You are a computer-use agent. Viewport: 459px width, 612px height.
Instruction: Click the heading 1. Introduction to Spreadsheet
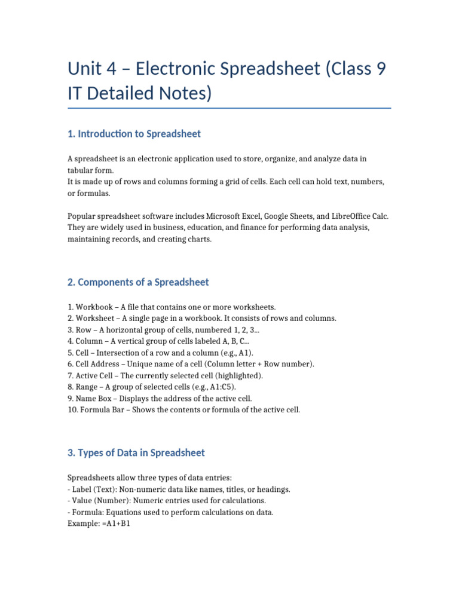coord(134,134)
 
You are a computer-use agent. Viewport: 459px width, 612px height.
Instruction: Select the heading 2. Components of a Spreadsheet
coord(139,282)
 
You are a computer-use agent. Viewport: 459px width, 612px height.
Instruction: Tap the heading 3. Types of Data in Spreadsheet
coord(136,453)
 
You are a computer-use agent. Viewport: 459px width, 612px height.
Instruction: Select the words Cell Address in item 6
coord(99,364)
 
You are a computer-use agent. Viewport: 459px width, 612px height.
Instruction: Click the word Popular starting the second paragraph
coord(82,216)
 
